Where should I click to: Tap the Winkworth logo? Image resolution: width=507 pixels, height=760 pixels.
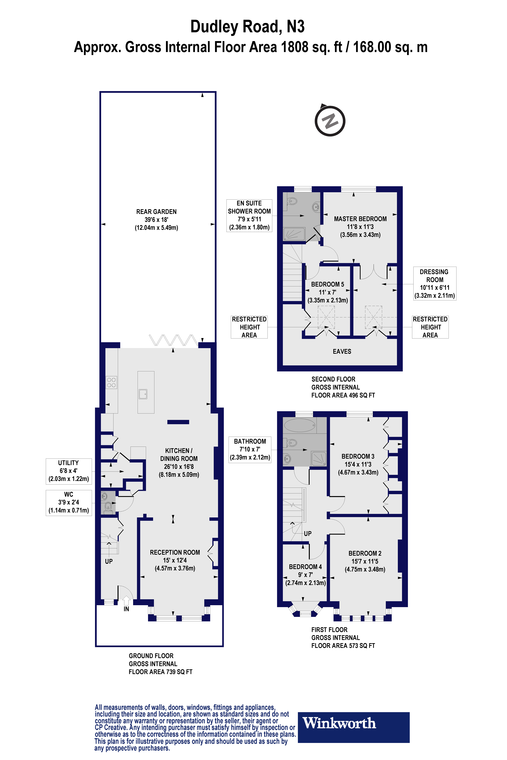(x=353, y=723)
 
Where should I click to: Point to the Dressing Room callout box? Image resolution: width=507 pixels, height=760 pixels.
(x=435, y=283)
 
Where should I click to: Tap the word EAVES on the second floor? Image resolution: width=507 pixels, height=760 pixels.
(x=342, y=351)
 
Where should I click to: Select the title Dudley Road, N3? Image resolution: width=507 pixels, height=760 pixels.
(x=247, y=26)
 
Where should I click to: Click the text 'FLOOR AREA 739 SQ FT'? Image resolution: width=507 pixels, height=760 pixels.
(x=160, y=672)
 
